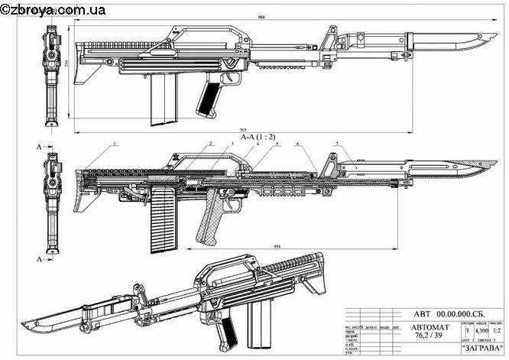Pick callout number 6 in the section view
tap(297, 144)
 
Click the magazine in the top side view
tap(165, 100)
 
